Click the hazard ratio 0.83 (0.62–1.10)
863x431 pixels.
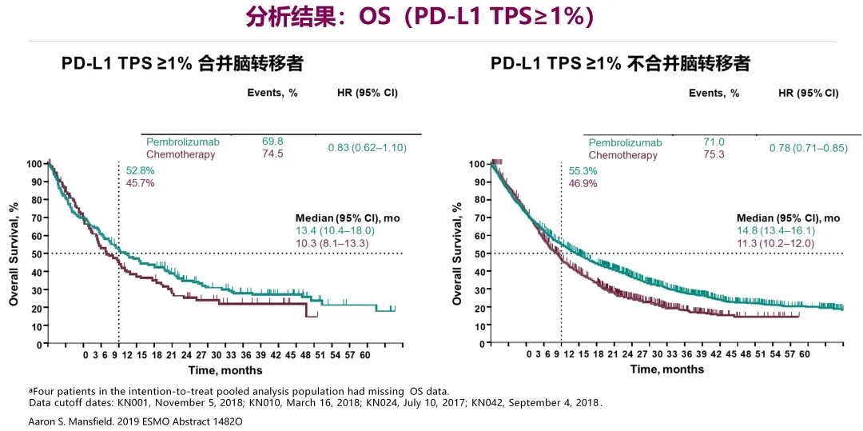(368, 148)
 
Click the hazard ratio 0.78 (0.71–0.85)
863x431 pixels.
(808, 148)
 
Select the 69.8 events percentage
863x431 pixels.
(272, 142)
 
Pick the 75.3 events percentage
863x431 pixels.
(714, 154)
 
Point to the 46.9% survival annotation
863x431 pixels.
(583, 183)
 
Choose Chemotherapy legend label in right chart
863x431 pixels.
(623, 155)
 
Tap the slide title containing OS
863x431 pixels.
(431, 18)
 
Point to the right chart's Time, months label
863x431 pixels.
(667, 369)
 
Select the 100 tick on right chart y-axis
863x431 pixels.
(476, 164)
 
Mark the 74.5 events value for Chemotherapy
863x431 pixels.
(272, 154)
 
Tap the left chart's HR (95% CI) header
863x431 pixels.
(368, 93)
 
